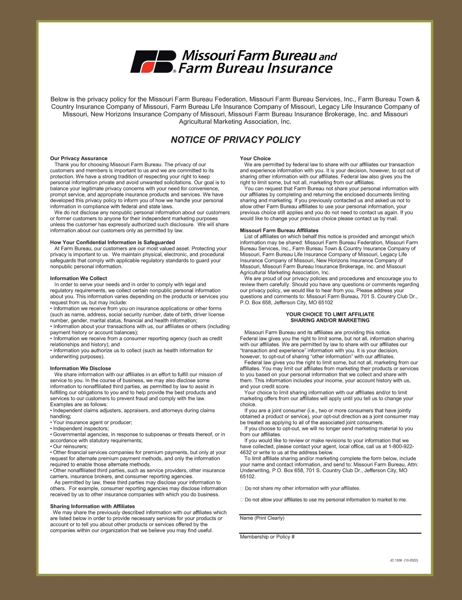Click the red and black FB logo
(153, 62)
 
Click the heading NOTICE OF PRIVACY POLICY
(235, 140)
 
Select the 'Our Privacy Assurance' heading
(79, 158)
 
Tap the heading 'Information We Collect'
(79, 278)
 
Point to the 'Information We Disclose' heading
(80, 368)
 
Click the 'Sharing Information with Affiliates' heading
(92, 506)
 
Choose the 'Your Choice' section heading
(255, 158)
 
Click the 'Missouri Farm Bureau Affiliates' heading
(279, 230)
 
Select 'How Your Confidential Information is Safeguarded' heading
(112, 242)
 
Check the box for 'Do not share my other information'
(242, 488)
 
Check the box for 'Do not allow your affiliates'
(242, 500)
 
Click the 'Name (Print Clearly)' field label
(262, 518)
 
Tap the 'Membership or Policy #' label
(267, 536)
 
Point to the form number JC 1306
(395, 560)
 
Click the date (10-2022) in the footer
(411, 560)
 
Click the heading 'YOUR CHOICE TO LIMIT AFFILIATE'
(330, 314)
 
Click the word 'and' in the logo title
(328, 57)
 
